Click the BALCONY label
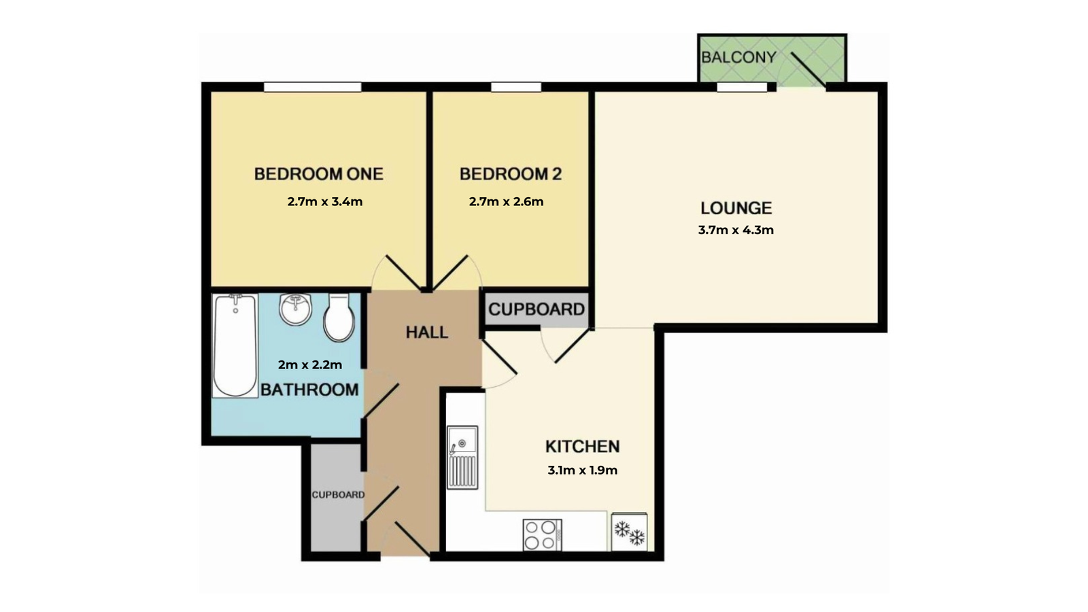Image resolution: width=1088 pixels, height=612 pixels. point(738,57)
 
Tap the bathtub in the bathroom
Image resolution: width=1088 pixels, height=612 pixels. point(235,345)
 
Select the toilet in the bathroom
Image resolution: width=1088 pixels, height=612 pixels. point(339,317)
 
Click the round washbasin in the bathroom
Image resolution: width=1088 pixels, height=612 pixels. point(295,309)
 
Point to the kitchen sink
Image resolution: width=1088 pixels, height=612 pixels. point(462,457)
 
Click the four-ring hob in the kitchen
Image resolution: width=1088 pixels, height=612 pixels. point(543,534)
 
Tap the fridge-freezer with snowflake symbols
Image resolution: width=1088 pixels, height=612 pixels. point(629,532)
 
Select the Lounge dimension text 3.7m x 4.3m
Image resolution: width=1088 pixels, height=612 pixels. point(736,230)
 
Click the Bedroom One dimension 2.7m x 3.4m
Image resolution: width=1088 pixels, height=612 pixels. point(325,201)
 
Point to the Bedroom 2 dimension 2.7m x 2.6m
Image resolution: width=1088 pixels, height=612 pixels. point(506,201)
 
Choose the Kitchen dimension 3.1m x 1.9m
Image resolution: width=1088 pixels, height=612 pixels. point(582,470)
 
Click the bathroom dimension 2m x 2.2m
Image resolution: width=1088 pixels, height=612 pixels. point(310,364)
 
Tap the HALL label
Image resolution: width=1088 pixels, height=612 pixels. point(427,333)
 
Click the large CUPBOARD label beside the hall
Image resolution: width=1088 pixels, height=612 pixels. point(537,309)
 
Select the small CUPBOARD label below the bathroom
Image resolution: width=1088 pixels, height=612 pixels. point(338,494)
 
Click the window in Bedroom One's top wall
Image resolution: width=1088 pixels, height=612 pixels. point(313,87)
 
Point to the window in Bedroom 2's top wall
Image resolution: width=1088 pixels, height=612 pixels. point(516,87)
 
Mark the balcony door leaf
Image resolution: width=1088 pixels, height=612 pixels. point(809,71)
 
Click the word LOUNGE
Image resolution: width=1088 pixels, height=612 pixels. point(736,208)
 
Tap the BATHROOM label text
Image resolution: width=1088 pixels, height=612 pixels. point(309,390)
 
